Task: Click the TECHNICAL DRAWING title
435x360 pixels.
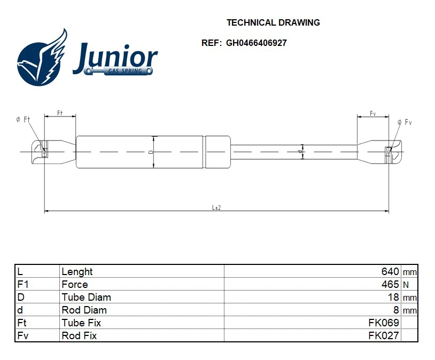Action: click(x=273, y=22)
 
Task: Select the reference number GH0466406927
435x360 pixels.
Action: click(x=256, y=43)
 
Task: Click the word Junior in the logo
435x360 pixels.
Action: click(x=115, y=57)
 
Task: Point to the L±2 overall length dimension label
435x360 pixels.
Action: click(x=216, y=207)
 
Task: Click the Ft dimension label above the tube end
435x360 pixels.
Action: click(x=60, y=113)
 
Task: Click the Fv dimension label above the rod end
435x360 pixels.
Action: click(x=373, y=114)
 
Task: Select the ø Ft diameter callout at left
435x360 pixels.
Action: click(x=22, y=120)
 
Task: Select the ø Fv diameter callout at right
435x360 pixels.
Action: click(x=405, y=122)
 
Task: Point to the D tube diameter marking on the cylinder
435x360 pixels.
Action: click(x=151, y=152)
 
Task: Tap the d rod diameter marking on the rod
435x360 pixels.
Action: click(x=301, y=152)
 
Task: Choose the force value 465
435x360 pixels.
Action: click(x=390, y=285)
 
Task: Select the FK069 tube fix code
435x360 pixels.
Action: click(x=384, y=323)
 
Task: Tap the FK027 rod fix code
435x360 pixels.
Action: click(x=384, y=335)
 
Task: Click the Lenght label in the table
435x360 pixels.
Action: click(x=77, y=272)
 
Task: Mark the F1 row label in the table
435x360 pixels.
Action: click(x=22, y=285)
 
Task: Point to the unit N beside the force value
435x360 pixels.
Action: click(x=406, y=285)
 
